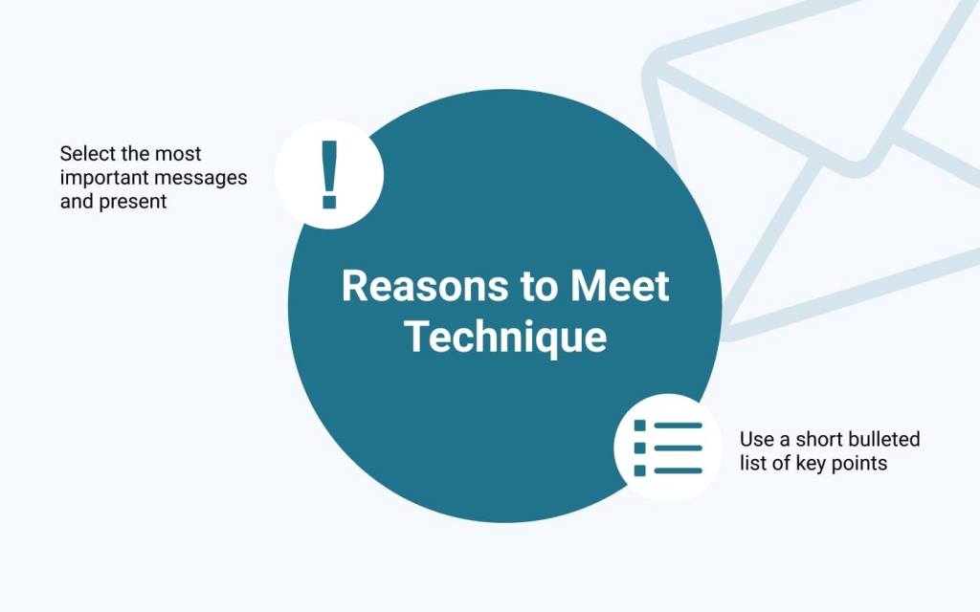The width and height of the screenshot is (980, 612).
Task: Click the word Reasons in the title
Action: tap(425, 286)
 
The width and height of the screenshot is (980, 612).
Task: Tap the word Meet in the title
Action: tap(619, 286)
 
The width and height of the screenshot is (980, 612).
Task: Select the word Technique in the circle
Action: tap(505, 338)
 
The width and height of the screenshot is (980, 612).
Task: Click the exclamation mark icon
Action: tap(329, 174)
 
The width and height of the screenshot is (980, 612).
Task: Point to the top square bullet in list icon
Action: tap(639, 426)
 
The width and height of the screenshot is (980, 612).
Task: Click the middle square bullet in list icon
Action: tap(639, 448)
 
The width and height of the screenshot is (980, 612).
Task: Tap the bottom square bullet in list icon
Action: tap(639, 470)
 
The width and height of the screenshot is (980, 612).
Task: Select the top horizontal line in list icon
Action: tap(679, 426)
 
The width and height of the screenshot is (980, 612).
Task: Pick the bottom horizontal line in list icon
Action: tap(679, 470)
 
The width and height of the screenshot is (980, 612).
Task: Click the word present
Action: tap(132, 202)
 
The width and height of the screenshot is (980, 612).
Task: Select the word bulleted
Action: tap(884, 439)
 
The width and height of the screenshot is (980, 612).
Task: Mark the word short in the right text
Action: tap(817, 439)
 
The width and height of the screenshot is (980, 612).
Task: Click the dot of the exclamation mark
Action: tap(329, 203)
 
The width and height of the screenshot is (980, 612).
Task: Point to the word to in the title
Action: tap(540, 287)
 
